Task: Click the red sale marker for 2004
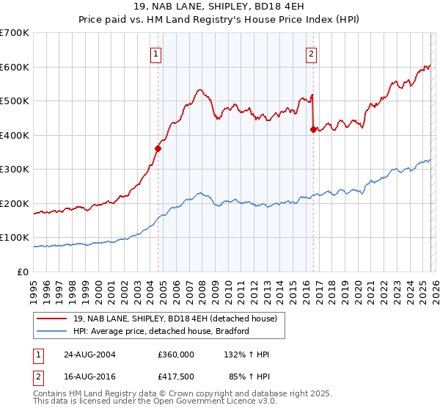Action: point(158,148)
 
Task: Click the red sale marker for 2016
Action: point(313,129)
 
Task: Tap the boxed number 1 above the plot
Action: point(157,53)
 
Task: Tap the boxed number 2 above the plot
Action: point(312,53)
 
